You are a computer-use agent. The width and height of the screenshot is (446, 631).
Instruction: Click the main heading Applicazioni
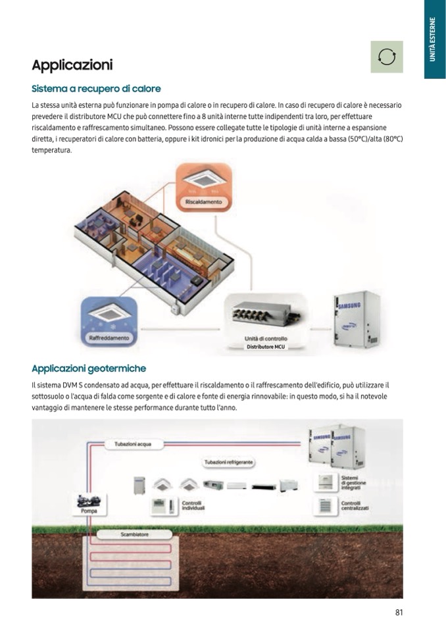(x=72, y=64)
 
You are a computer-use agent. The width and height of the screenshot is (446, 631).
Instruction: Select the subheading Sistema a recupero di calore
(x=96, y=89)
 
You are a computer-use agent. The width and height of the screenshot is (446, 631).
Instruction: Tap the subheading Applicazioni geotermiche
(x=89, y=368)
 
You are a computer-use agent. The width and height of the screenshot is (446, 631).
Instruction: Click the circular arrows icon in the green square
(x=387, y=57)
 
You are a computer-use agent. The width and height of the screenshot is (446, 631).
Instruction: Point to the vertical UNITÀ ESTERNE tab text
(x=432, y=39)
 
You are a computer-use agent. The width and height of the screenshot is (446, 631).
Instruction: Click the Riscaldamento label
(x=203, y=201)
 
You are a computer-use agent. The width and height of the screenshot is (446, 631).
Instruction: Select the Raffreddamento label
(x=109, y=338)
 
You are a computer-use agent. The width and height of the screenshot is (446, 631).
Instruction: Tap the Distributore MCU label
(x=265, y=347)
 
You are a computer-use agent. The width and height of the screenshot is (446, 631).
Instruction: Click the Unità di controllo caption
(x=265, y=338)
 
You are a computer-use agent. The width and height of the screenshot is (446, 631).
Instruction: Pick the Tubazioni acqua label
(x=133, y=444)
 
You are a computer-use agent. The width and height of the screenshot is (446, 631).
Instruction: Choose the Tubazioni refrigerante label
(x=229, y=462)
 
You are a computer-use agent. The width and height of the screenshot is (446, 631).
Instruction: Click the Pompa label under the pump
(x=89, y=511)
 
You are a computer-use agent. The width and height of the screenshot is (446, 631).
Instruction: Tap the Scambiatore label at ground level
(x=135, y=534)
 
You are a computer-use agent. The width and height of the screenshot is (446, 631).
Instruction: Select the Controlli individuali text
(x=193, y=505)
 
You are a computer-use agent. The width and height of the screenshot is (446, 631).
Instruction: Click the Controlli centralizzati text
(x=355, y=505)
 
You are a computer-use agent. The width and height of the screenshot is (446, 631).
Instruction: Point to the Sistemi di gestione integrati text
(x=353, y=482)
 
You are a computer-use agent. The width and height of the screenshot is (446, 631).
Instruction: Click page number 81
(x=399, y=612)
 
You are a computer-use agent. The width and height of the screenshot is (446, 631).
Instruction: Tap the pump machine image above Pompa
(x=88, y=501)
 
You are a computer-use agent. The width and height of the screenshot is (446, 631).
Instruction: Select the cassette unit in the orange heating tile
(x=203, y=180)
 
